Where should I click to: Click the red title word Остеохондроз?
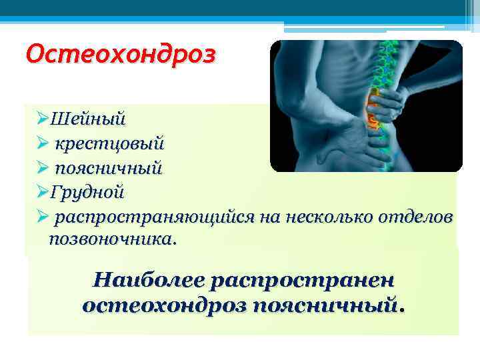[119, 53]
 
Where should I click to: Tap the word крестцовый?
[109, 143]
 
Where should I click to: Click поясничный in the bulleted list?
[109, 167]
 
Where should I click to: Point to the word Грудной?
[87, 192]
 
